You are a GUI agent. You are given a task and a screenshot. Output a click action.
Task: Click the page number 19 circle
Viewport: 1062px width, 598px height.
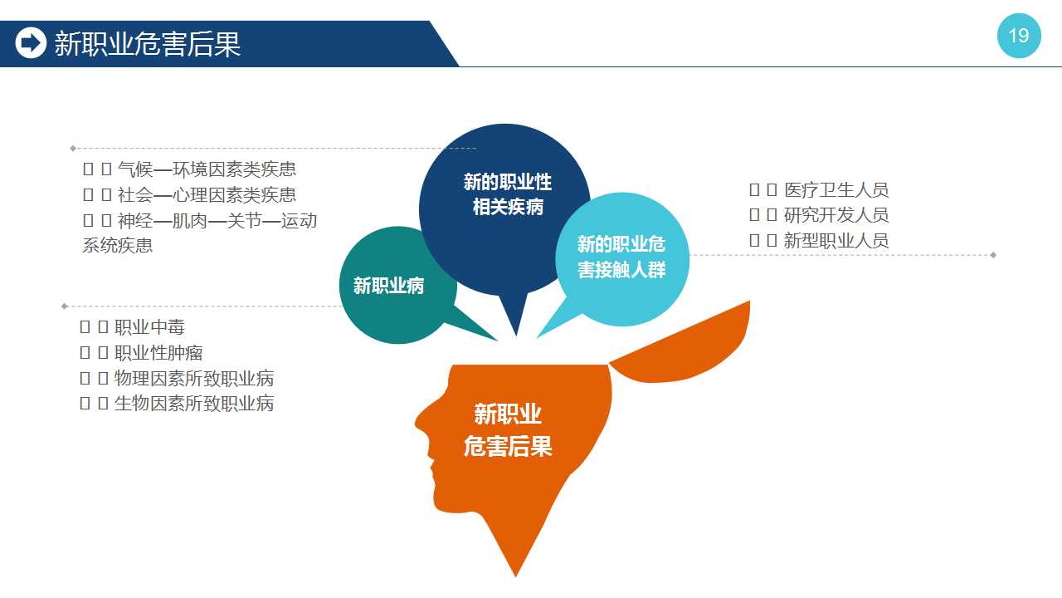point(1019,36)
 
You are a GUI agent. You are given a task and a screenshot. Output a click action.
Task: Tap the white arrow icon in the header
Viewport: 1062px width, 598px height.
point(31,42)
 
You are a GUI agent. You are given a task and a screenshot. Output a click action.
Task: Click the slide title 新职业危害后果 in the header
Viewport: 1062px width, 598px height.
point(148,44)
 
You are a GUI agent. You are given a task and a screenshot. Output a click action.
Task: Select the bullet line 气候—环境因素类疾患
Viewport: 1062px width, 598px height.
point(190,169)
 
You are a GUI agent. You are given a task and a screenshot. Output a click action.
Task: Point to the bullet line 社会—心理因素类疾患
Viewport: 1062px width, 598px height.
point(190,194)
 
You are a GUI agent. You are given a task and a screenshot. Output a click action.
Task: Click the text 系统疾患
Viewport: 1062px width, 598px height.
point(118,245)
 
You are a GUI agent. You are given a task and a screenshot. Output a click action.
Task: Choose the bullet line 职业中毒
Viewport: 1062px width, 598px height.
point(132,327)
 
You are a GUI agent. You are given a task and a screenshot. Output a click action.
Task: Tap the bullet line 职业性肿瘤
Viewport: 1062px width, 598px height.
point(141,353)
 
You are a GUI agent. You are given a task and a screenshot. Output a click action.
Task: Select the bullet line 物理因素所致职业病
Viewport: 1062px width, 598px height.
point(177,378)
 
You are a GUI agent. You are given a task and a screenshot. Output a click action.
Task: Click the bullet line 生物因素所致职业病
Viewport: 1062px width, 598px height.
point(177,404)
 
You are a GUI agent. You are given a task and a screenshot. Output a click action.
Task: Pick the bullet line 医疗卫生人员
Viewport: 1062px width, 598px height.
point(819,190)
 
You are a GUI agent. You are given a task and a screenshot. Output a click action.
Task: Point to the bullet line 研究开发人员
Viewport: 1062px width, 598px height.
point(819,215)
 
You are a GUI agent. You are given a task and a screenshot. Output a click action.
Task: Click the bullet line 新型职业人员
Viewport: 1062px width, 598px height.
point(819,241)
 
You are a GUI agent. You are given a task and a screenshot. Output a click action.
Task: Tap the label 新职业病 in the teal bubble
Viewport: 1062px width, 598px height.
point(389,286)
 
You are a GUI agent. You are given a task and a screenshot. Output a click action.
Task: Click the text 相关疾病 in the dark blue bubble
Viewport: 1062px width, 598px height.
point(508,207)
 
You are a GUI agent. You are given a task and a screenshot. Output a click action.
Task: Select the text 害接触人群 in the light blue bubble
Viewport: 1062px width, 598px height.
point(621,270)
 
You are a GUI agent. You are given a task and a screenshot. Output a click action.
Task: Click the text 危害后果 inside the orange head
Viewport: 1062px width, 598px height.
point(508,446)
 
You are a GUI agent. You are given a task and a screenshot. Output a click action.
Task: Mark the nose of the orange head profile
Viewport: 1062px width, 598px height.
point(420,423)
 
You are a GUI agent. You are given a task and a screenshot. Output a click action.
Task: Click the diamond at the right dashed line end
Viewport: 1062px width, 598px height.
point(993,255)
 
